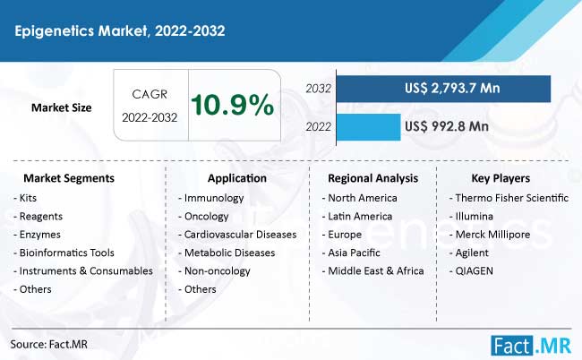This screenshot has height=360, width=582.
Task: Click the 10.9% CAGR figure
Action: click(x=233, y=105)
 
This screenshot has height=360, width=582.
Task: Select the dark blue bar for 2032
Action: click(x=443, y=89)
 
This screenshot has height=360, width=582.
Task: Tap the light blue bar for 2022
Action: click(x=369, y=127)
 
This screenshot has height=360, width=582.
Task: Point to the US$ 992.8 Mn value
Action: click(x=447, y=126)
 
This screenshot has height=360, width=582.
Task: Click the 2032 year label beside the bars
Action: click(x=318, y=89)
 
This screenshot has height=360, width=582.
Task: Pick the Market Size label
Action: click(x=61, y=107)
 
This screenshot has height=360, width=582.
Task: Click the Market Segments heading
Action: click(x=69, y=178)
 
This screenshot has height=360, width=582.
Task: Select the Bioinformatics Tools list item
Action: click(x=66, y=253)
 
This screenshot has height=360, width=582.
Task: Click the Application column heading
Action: click(x=236, y=178)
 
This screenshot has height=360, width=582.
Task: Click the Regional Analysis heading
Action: click(x=373, y=178)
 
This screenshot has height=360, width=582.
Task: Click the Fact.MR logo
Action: click(x=531, y=346)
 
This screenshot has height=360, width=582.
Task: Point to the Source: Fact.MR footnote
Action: click(x=49, y=345)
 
